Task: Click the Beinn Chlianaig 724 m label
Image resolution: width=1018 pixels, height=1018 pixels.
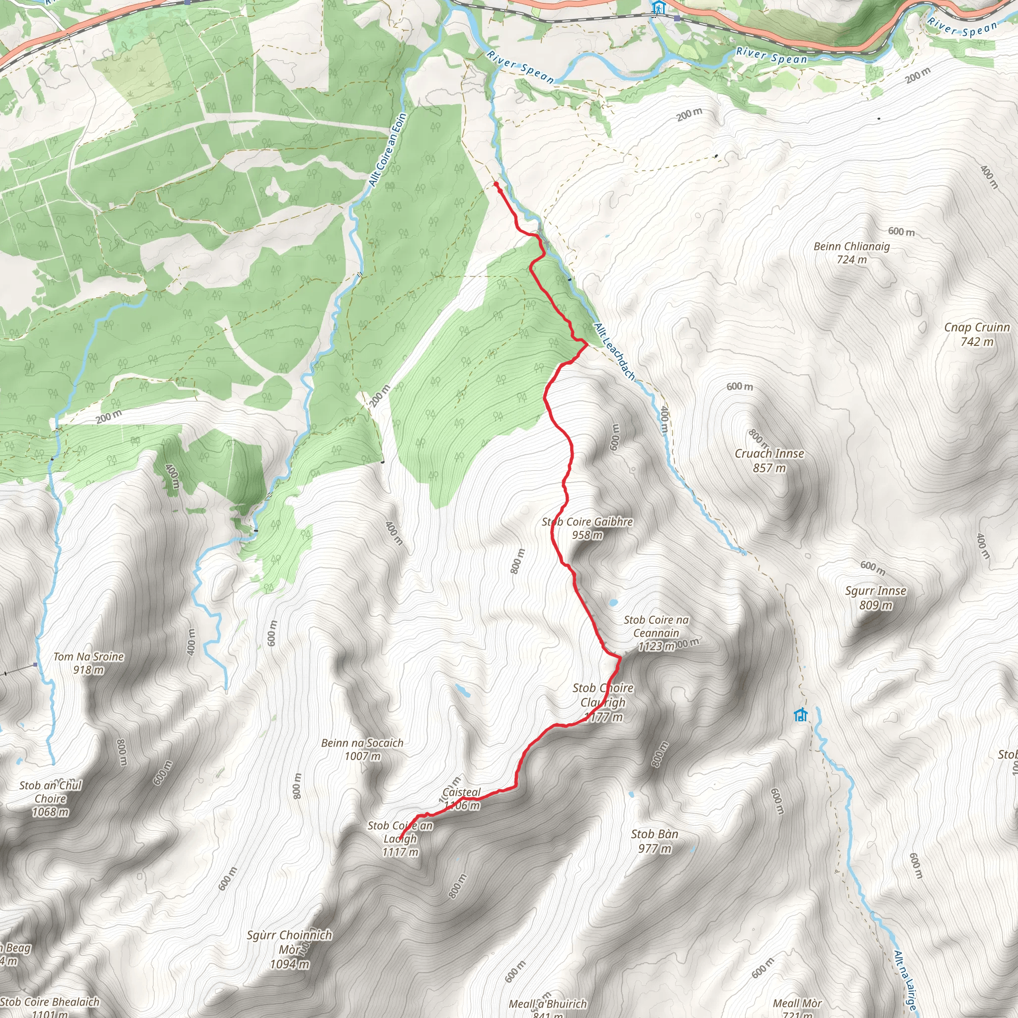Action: (x=851, y=253)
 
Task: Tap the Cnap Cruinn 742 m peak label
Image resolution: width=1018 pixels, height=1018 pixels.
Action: (x=977, y=334)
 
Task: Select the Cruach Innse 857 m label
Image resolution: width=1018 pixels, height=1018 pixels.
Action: (x=769, y=460)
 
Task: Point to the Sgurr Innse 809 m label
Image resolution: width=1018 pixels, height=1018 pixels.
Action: (x=876, y=597)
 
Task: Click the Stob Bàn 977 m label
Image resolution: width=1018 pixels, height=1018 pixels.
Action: (x=655, y=841)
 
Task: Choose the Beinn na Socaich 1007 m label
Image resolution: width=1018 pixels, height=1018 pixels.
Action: (x=362, y=749)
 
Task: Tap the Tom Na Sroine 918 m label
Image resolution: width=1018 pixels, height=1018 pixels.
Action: (x=88, y=663)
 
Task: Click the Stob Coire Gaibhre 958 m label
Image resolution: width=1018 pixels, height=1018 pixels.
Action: (x=588, y=528)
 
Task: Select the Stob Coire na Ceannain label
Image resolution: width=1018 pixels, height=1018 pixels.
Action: (x=656, y=632)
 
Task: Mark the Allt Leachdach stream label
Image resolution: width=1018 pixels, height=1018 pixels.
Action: (x=614, y=351)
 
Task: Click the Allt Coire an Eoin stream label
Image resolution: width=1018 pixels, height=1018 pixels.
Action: (x=388, y=150)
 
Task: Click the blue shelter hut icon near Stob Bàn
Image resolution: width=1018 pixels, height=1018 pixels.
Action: (x=801, y=715)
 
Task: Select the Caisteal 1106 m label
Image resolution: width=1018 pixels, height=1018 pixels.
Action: (x=462, y=798)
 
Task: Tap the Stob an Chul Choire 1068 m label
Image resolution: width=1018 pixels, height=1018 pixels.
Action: (x=51, y=798)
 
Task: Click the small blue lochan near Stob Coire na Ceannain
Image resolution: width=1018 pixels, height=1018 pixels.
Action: (x=613, y=602)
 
